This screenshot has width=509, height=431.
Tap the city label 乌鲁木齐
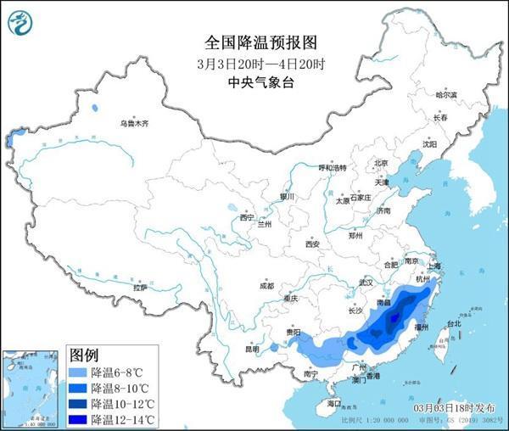coord(133,124)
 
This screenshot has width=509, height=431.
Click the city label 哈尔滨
coord(445,95)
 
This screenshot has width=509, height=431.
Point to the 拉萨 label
coord(139,288)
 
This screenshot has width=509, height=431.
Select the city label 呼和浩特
coord(332,168)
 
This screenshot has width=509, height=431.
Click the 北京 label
coord(381,163)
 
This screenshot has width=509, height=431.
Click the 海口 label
coord(334,405)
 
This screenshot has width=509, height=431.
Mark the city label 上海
coord(434,266)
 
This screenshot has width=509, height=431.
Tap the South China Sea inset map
coord(32,386)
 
